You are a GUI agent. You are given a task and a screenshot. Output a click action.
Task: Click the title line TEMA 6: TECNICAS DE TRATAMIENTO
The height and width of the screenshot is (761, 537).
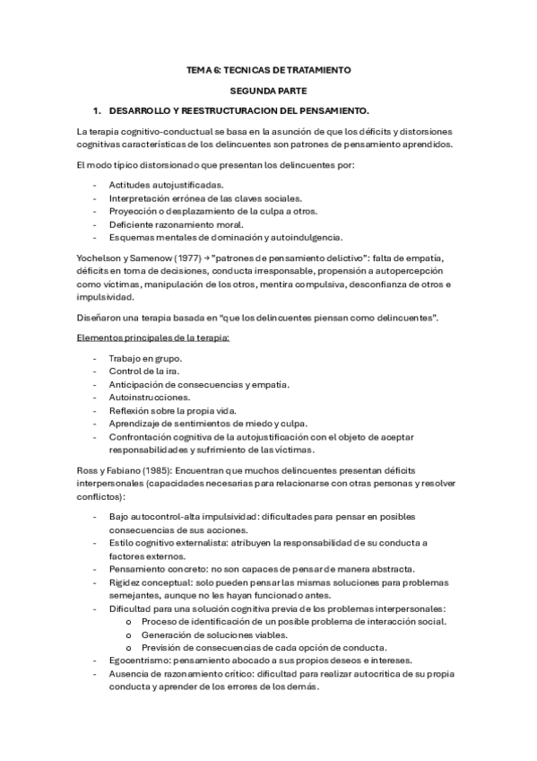pos(268,69)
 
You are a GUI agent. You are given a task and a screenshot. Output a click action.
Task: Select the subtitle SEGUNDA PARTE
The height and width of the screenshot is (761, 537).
pos(268,91)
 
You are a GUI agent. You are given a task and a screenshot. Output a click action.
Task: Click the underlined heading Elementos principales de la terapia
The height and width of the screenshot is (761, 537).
pos(153,337)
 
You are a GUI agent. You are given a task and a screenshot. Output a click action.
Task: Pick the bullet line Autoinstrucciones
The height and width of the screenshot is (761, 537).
pos(149,397)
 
